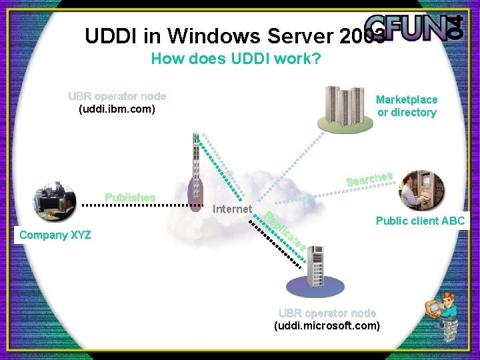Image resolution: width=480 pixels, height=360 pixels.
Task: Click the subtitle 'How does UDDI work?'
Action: tap(236, 59)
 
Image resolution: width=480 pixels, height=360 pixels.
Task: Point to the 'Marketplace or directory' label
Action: tap(407, 106)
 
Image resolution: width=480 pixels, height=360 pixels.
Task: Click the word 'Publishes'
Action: tap(130, 197)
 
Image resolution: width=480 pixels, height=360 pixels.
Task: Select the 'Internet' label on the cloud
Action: tap(231, 209)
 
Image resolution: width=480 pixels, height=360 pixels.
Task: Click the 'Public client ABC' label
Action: tap(420, 221)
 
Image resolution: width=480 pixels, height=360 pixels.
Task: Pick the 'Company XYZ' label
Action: tap(55, 235)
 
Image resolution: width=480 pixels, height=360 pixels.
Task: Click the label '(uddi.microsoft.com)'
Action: tap(327, 326)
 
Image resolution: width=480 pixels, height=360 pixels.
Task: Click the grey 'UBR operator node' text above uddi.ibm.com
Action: tap(117, 96)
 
